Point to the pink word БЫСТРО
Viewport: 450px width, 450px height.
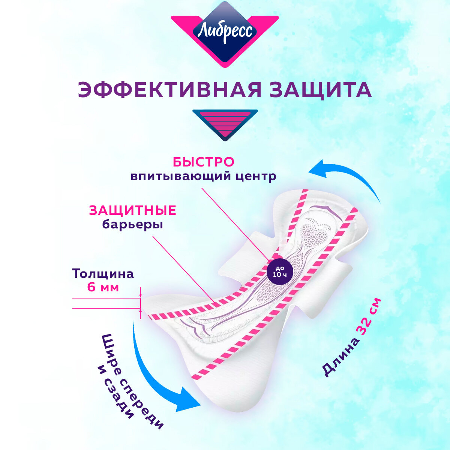coord(203,162)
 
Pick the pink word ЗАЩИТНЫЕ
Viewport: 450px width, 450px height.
coord(132,211)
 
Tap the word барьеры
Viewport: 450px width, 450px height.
coord(132,225)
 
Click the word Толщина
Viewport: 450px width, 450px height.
coord(103,274)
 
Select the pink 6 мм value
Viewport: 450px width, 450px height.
coord(103,288)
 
